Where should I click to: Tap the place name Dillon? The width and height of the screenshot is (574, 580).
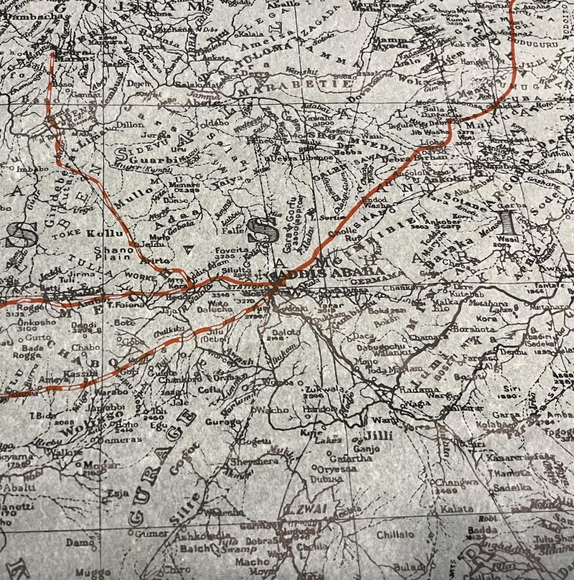pos(130,123)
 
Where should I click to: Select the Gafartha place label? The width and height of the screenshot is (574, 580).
pos(354,458)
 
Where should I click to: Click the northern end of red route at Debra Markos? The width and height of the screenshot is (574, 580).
pos(52,52)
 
